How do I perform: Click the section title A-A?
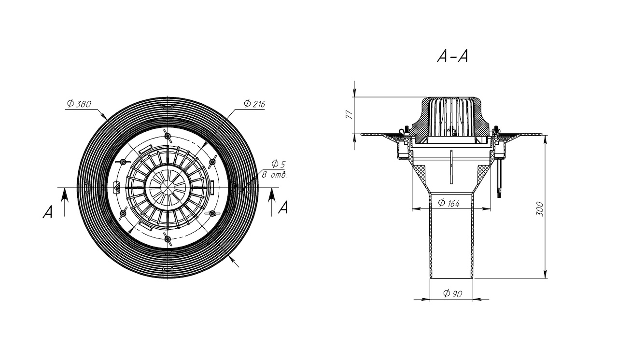tap(452, 57)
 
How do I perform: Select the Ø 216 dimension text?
tap(254, 104)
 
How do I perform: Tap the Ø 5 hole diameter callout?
tap(279, 164)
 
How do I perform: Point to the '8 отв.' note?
tap(275, 175)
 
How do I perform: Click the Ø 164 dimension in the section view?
tap(449, 203)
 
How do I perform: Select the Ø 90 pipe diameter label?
tap(452, 293)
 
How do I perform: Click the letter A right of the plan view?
tap(284, 208)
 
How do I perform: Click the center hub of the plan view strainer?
tap(166, 187)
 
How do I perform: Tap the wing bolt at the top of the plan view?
tap(167, 134)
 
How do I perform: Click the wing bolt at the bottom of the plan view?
tap(167, 238)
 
